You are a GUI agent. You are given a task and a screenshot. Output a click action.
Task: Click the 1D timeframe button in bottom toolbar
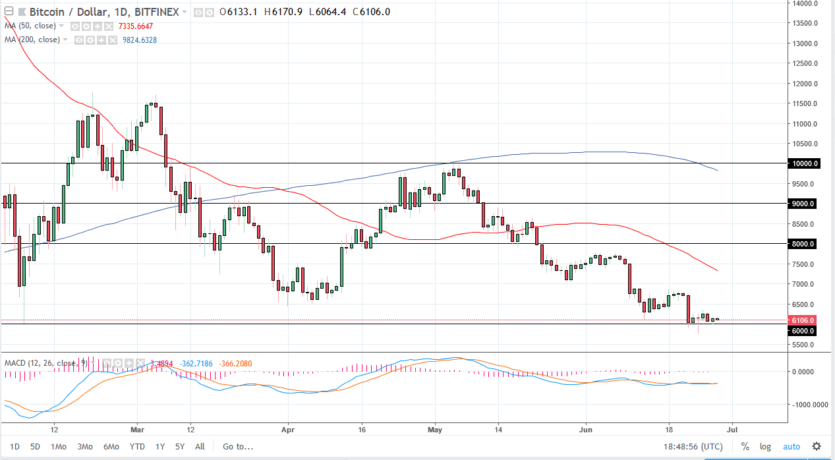pyautogui.click(x=15, y=446)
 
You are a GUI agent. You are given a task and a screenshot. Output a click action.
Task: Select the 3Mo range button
pyautogui.click(x=84, y=446)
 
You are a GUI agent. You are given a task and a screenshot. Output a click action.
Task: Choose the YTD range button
pyautogui.click(x=137, y=446)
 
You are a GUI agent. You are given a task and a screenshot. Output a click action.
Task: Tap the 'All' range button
pyautogui.click(x=200, y=446)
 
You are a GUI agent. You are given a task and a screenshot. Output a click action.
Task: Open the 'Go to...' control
pyautogui.click(x=237, y=446)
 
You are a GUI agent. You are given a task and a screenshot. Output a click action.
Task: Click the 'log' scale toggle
pyautogui.click(x=765, y=446)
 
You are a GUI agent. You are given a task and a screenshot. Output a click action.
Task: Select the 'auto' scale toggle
pyautogui.click(x=791, y=446)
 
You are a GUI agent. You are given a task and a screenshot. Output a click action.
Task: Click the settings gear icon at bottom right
pyautogui.click(x=817, y=446)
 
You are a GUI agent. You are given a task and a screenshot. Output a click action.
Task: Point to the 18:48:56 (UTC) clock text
pyautogui.click(x=691, y=446)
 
